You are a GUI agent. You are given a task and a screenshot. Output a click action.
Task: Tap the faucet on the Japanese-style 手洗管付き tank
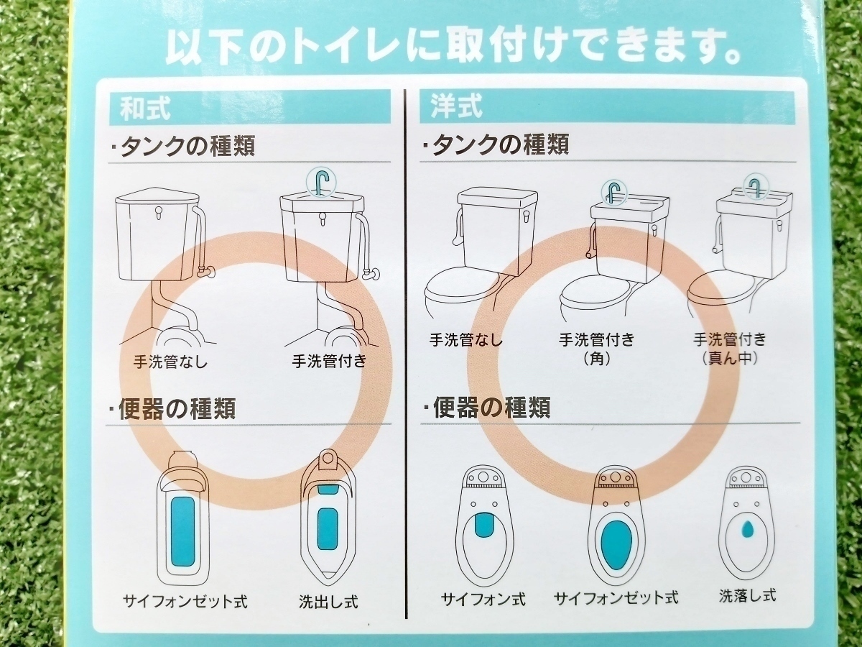(322, 183)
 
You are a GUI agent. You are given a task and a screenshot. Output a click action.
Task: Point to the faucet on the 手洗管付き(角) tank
(613, 192)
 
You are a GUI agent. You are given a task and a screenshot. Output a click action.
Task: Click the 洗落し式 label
(748, 596)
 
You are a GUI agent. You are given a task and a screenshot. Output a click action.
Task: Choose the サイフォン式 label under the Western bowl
(483, 599)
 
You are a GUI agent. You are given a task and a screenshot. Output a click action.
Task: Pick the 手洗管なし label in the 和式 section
(170, 361)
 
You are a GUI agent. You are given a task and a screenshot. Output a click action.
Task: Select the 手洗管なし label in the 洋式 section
(466, 339)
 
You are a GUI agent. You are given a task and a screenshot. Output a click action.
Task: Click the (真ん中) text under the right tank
(730, 358)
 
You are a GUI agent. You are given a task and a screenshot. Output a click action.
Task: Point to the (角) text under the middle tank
(596, 359)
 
